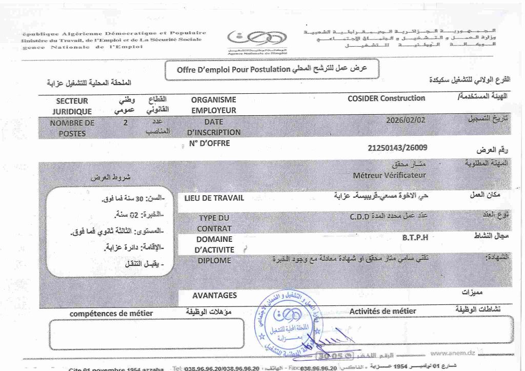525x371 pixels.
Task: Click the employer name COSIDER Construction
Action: (x=386, y=98)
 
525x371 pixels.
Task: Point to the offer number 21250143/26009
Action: (x=397, y=148)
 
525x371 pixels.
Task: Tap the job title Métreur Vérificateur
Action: (x=390, y=175)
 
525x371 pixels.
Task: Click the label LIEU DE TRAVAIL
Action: (x=214, y=198)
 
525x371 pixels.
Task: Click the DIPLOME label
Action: (x=214, y=260)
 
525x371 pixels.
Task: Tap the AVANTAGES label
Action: (x=214, y=295)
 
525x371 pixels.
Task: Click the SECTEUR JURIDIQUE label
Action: (x=72, y=106)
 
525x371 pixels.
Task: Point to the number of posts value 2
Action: (x=126, y=122)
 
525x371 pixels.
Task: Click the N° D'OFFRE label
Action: (x=209, y=143)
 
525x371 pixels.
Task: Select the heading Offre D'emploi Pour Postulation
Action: (x=233, y=70)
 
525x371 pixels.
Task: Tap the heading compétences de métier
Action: (x=111, y=313)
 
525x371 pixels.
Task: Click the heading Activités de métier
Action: (x=382, y=311)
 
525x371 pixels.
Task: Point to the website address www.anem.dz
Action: (x=452, y=353)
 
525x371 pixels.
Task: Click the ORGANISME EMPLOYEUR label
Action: (x=213, y=105)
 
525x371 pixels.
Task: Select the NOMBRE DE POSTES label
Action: (x=72, y=128)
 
